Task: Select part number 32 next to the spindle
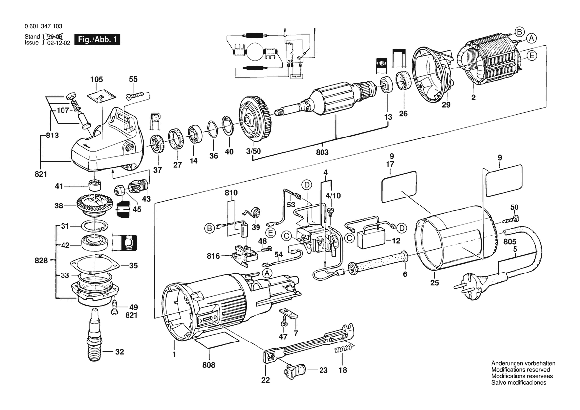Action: tap(119, 352)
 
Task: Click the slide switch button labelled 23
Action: tap(294, 370)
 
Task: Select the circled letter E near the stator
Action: tap(531, 56)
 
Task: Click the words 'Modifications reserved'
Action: tap(520, 370)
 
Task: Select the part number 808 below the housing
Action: tap(209, 365)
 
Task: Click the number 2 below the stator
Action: tap(473, 98)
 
